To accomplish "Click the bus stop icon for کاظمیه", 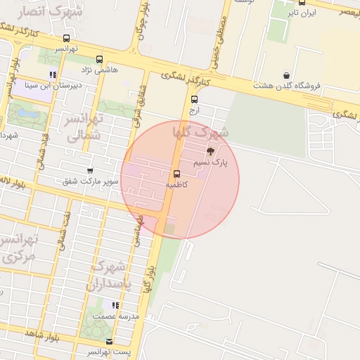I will (x=176, y=174).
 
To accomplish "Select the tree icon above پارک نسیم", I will (x=210, y=152).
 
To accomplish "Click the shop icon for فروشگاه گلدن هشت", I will (x=286, y=75).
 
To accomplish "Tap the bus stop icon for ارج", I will (x=195, y=99).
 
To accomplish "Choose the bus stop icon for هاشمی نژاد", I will (x=99, y=60).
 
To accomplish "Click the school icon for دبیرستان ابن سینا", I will (x=53, y=75).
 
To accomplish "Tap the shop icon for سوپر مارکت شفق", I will (x=89, y=171).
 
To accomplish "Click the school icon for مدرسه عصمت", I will (x=115, y=305).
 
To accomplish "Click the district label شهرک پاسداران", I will (x=107, y=275).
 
